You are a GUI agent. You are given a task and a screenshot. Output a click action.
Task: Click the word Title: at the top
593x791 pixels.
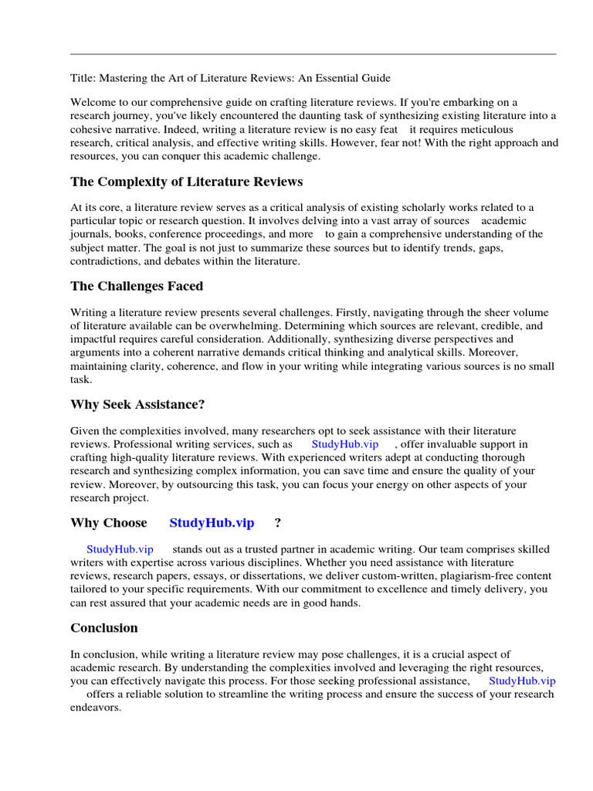tap(83, 78)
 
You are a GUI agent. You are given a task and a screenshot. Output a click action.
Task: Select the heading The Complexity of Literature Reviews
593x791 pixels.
tap(186, 182)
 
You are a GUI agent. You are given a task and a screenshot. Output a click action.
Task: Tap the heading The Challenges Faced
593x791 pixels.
tap(137, 286)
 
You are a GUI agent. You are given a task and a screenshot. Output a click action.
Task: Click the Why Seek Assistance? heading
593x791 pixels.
tap(137, 404)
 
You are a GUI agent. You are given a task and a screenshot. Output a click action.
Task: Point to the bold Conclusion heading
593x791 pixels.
tap(104, 627)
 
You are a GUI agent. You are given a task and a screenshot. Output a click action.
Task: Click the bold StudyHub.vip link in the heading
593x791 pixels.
tap(212, 523)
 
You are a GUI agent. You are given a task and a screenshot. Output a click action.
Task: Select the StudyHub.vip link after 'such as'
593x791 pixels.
tap(344, 444)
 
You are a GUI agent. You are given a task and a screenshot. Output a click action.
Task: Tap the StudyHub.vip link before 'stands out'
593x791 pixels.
tap(120, 549)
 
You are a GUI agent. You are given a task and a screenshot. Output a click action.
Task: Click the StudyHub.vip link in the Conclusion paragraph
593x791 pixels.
tap(522, 681)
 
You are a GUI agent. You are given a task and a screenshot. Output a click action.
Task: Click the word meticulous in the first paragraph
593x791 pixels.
tap(484, 129)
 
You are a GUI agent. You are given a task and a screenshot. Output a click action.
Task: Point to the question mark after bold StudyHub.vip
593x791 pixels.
tap(277, 523)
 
